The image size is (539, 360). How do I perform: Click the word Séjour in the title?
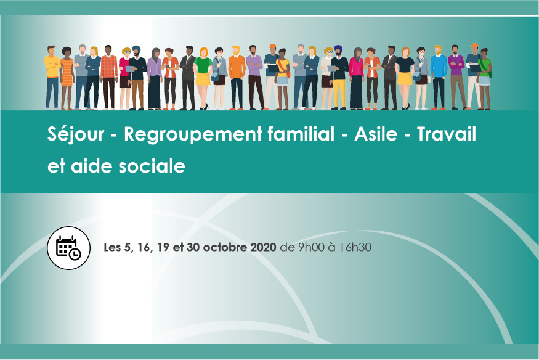point(76,134)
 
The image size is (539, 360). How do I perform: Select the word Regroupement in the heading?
point(193,135)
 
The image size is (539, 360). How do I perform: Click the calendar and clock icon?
point(69,248)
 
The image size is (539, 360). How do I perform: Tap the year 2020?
point(263,247)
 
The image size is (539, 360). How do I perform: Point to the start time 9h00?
point(311,247)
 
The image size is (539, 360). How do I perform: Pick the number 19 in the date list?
point(163,248)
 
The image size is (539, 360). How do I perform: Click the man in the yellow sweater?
point(52,78)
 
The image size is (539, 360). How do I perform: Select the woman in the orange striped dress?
point(67,79)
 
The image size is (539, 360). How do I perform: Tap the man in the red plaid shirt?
point(109,78)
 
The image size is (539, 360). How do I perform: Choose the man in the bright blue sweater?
point(439,78)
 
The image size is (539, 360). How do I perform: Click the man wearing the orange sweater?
point(237,78)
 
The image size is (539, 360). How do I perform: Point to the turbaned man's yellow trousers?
point(339,93)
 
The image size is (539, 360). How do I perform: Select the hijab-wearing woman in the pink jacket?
point(356,79)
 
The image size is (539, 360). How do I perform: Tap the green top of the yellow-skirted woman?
point(203,65)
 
